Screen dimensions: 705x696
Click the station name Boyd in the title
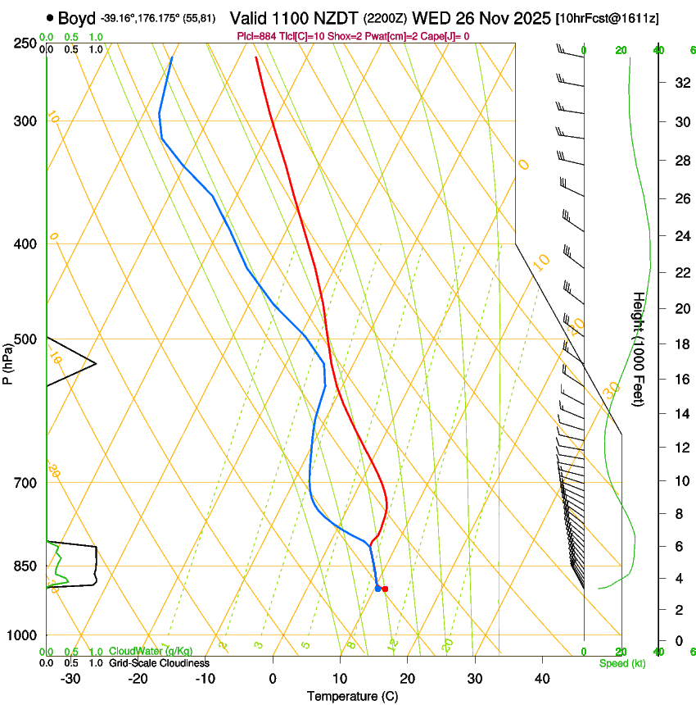77,17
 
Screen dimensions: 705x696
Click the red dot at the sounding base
385,589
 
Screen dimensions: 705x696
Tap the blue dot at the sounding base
377,589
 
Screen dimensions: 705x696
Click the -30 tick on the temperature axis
70,679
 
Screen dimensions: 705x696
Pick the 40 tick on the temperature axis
542,679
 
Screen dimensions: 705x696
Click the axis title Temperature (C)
352,697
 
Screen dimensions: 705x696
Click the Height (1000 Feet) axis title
640,349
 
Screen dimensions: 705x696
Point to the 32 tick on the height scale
679,82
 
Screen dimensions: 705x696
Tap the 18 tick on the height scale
679,344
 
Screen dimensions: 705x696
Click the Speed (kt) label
622,663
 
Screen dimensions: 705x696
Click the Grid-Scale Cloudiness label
159,663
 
